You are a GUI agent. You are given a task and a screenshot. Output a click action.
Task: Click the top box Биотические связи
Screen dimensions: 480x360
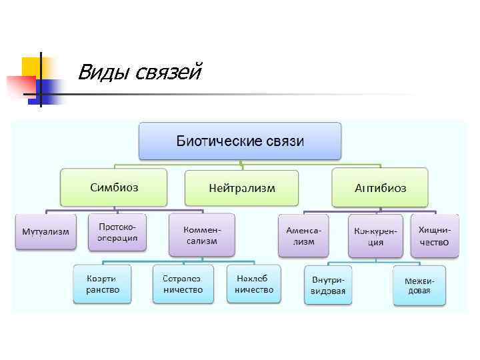[240, 141]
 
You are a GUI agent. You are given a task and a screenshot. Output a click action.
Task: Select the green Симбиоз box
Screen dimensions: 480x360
[114, 187]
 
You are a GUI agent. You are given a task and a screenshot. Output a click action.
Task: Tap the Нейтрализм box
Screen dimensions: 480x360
[241, 189]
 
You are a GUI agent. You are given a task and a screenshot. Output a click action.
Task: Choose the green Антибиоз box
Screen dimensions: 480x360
[381, 187]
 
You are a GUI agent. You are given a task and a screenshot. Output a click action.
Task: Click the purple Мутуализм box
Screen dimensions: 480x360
[45, 231]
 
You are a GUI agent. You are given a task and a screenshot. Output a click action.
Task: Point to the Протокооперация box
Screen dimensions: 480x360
[117, 232]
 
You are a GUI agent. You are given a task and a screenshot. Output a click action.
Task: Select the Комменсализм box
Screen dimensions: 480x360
[201, 235]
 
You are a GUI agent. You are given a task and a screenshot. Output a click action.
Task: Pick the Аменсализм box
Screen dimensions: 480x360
[303, 235]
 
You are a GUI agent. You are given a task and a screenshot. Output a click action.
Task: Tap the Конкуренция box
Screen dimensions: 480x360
[375, 235]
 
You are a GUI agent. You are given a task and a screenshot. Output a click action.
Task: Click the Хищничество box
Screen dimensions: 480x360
[434, 235]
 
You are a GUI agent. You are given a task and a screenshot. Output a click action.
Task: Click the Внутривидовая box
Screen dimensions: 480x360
[328, 285]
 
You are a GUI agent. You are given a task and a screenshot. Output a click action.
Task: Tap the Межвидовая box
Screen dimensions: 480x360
[419, 285]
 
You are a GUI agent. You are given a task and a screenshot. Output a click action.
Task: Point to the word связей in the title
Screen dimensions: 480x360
[166, 71]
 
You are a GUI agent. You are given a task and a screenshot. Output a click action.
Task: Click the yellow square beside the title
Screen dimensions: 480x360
[31, 67]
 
